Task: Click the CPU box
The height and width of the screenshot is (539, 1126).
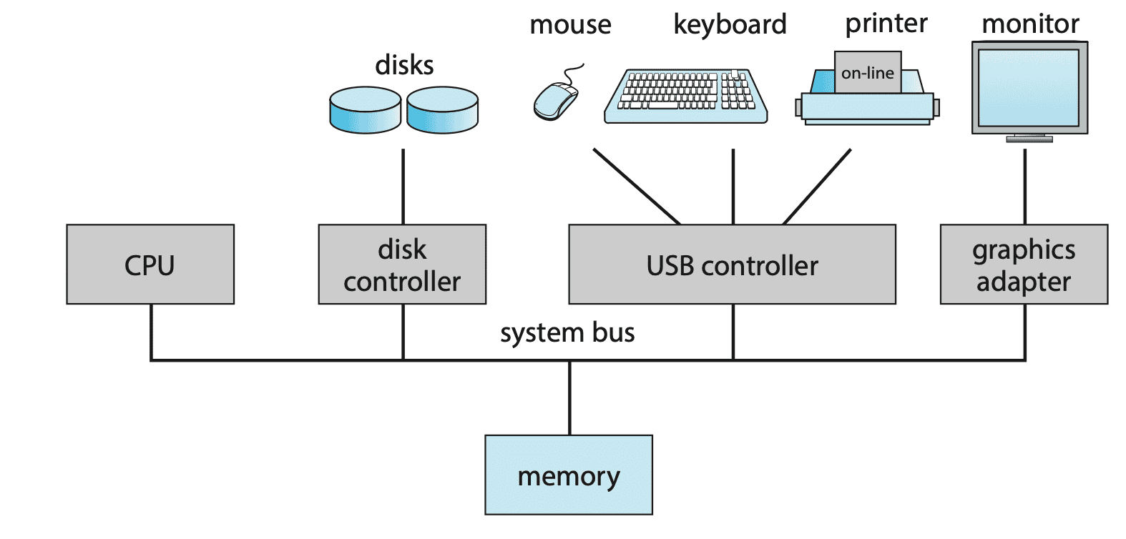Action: [150, 264]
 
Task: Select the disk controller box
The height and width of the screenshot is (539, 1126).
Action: [402, 264]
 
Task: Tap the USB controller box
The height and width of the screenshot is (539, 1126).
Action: [732, 264]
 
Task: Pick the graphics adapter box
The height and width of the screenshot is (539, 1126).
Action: [1024, 264]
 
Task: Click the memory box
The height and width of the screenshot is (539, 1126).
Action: [569, 475]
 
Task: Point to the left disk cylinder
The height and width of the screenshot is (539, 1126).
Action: [365, 110]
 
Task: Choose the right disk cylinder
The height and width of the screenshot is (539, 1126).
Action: [442, 110]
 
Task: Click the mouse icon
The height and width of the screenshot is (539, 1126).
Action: [556, 100]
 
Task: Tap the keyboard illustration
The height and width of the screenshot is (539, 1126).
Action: [685, 96]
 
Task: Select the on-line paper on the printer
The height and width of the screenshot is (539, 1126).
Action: [868, 72]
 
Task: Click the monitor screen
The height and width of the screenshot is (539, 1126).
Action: [1029, 87]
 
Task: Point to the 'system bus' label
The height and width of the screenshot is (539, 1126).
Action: [567, 333]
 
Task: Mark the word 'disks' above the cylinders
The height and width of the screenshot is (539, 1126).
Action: [404, 65]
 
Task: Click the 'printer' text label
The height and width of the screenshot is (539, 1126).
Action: [886, 24]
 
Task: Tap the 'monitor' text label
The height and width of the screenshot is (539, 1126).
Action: [1030, 24]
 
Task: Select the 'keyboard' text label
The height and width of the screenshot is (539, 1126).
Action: [730, 24]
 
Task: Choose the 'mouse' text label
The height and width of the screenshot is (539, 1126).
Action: [570, 25]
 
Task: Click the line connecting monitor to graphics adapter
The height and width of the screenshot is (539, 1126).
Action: [1025, 186]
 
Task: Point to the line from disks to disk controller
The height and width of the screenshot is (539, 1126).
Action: [403, 186]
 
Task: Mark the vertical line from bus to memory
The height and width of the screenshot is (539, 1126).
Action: [569, 397]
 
